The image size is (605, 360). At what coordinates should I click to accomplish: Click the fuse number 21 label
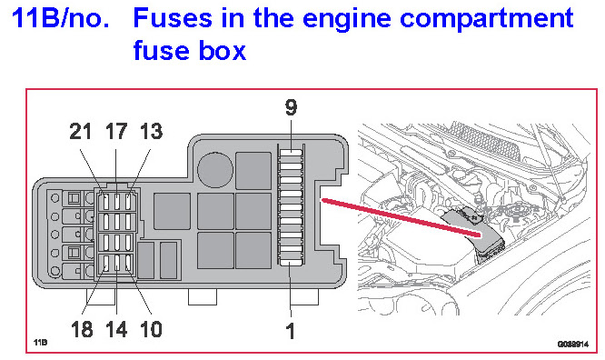tap(81, 132)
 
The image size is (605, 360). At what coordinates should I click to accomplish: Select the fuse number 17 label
tap(116, 132)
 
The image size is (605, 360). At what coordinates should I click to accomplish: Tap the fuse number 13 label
tap(151, 132)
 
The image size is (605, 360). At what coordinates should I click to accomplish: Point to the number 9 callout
tap(292, 107)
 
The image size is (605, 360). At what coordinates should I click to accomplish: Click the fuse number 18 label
tap(82, 329)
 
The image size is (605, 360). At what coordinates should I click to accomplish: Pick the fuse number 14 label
tap(116, 329)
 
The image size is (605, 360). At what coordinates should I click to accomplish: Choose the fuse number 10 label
tap(151, 329)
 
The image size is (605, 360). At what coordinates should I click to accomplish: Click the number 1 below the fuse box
tap(290, 332)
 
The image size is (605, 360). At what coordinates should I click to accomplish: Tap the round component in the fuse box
tap(215, 170)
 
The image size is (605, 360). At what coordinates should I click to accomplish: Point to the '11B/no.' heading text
tap(61, 18)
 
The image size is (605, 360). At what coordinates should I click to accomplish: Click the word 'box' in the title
tap(223, 51)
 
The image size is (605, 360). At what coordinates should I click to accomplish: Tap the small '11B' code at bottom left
tap(41, 342)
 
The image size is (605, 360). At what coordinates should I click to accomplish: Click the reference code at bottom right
tap(573, 344)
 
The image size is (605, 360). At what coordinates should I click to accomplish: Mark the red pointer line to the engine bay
tap(402, 217)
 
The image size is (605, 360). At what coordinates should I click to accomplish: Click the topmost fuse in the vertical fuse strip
tap(291, 153)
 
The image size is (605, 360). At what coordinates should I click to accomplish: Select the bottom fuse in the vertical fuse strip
tap(291, 263)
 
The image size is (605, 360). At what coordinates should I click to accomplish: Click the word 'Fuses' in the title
tap(173, 18)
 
